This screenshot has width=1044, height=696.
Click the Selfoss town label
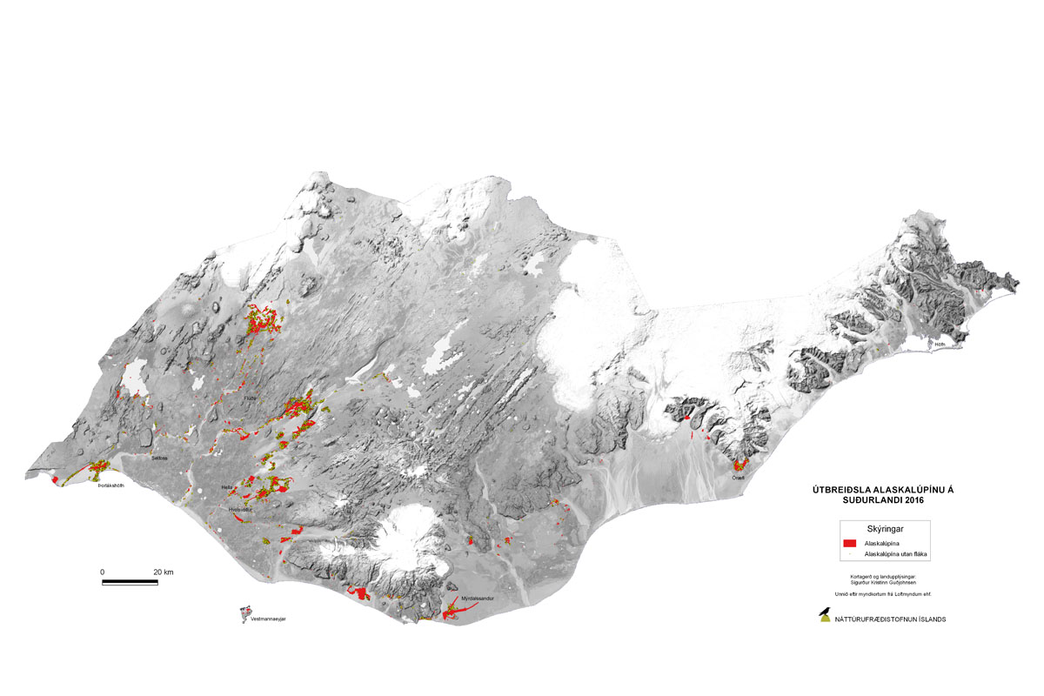pos(158,457)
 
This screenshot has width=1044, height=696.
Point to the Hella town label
pos(227,487)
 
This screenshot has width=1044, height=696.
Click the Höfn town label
pos(939,345)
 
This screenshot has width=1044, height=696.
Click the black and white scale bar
pos(130,581)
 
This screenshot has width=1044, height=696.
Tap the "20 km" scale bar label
pos(163,572)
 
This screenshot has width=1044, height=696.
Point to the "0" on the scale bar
pos(103,572)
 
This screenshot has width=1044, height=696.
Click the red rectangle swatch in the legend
pos(850,542)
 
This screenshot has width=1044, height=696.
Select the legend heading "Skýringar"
pos(883,529)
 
